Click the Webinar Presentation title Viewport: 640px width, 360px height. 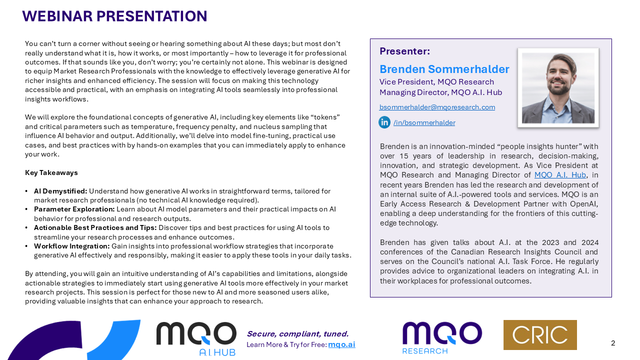click(x=114, y=16)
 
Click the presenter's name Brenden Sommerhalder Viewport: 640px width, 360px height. click(x=444, y=69)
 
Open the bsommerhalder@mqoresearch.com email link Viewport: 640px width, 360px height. click(x=437, y=107)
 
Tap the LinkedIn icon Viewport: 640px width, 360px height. click(x=384, y=122)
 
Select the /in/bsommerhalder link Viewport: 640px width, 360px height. click(x=424, y=122)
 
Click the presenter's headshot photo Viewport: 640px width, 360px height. click(x=558, y=88)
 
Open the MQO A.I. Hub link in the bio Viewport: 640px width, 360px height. click(x=560, y=175)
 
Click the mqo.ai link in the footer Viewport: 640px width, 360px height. click(x=341, y=344)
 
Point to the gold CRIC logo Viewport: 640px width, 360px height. click(x=540, y=335)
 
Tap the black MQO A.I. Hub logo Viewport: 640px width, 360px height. click(x=196, y=338)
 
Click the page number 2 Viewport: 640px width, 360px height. click(x=613, y=343)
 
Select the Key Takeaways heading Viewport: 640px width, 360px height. click(x=51, y=172)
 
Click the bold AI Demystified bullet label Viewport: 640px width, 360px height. click(x=60, y=191)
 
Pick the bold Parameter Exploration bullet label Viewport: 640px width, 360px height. click(x=74, y=209)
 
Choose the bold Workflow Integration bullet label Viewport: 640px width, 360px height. click(x=71, y=246)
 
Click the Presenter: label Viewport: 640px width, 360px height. click(x=404, y=51)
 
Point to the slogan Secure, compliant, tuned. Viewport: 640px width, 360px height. click(x=297, y=334)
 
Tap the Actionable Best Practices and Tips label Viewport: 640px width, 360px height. click(x=95, y=227)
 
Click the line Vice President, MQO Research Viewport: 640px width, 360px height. click(x=436, y=82)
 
